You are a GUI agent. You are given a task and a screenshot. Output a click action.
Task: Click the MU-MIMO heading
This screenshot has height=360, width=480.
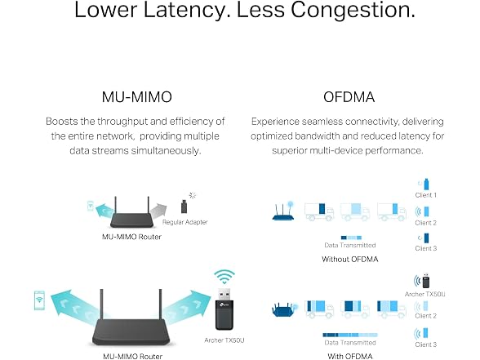tap(137, 97)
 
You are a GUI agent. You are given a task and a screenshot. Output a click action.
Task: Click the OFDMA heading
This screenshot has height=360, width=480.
tap(349, 97)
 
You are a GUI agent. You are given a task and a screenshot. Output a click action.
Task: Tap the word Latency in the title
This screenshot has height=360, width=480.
tap(187, 10)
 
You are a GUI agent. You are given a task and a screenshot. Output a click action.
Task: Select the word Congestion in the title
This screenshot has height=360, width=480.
tap(353, 10)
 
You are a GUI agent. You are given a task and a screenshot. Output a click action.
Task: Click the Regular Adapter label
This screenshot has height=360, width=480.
tap(184, 222)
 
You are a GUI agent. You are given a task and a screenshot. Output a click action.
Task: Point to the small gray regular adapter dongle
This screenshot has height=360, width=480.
tap(184, 207)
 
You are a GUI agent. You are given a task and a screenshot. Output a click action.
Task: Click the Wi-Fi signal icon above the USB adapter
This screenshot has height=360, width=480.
tap(224, 277)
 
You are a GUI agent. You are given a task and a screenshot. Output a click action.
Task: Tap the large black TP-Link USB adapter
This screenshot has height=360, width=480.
tap(224, 309)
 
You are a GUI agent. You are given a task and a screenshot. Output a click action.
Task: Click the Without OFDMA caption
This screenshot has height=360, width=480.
tap(350, 260)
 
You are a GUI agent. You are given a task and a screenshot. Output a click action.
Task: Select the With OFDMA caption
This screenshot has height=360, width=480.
tap(350, 356)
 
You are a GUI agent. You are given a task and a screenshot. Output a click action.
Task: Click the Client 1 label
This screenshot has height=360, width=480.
tap(426, 195)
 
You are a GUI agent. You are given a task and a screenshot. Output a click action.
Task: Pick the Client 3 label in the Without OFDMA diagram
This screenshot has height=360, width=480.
tap(426, 248)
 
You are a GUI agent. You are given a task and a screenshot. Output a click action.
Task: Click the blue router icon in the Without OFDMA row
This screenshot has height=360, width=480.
tap(283, 211)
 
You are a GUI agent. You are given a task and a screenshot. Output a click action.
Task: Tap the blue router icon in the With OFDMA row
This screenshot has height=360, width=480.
tap(284, 309)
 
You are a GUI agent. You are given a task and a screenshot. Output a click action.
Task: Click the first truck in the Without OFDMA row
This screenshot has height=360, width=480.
tap(319, 211)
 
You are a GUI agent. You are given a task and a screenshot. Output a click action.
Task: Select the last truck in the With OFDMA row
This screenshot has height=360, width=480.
tap(392, 309)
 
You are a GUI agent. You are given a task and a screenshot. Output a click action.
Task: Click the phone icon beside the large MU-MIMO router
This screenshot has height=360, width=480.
tap(39, 300)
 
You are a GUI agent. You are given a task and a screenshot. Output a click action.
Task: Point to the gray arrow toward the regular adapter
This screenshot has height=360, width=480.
tap(158, 211)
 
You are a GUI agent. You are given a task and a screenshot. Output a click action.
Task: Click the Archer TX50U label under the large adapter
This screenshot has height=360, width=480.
tap(224, 340)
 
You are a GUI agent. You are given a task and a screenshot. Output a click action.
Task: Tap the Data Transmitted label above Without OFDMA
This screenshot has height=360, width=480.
tap(350, 245)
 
